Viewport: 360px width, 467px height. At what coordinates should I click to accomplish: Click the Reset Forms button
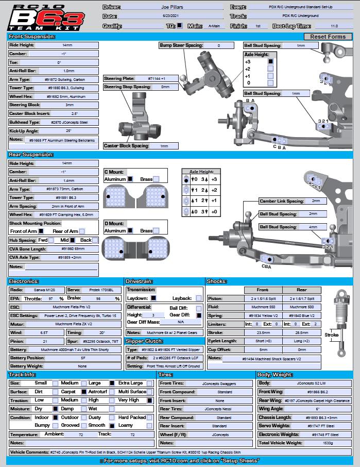[328, 37]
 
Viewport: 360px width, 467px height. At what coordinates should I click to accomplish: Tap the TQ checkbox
[180, 25]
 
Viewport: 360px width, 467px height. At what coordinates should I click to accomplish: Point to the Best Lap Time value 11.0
[334, 26]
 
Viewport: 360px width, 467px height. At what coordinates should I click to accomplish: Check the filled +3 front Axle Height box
[270, 61]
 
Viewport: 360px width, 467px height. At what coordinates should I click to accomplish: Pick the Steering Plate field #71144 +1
[157, 78]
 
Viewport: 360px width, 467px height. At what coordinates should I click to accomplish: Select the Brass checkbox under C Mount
[156, 179]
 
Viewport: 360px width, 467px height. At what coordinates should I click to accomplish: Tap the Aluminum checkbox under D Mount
[131, 231]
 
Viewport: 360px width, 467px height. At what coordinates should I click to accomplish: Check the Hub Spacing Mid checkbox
[73, 240]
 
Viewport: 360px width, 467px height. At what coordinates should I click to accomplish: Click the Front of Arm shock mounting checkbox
[41, 231]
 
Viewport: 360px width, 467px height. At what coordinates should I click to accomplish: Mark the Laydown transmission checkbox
[153, 298]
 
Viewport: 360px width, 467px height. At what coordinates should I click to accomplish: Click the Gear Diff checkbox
[199, 315]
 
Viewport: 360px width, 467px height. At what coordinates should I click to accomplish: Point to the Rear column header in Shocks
[302, 290]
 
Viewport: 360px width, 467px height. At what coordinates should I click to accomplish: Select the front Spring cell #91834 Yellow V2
[263, 315]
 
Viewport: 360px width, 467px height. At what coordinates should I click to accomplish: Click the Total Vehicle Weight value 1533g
[328, 443]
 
